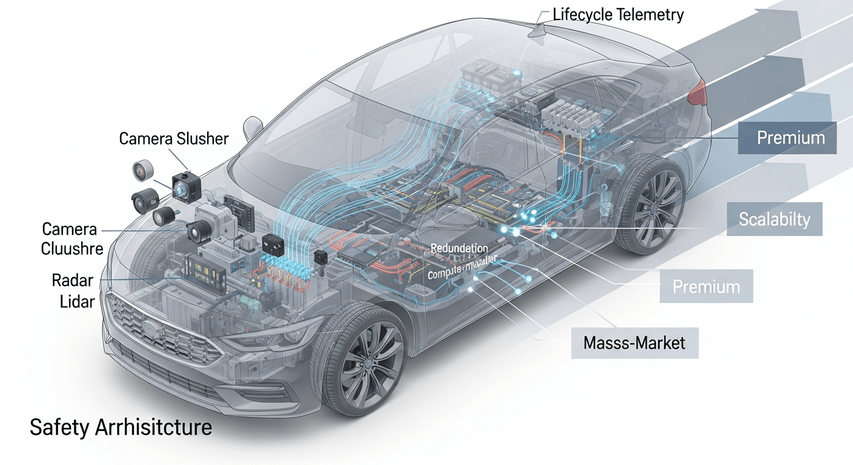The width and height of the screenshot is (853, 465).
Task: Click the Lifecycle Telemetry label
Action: click(x=618, y=15)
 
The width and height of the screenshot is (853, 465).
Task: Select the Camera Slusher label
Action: click(x=174, y=139)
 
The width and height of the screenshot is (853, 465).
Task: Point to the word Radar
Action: click(x=72, y=280)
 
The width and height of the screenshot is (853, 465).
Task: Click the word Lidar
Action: click(x=77, y=301)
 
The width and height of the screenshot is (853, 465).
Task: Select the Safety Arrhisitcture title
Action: click(x=121, y=427)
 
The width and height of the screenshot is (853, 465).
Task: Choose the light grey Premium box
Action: click(x=706, y=286)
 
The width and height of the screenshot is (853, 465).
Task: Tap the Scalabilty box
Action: click(x=774, y=219)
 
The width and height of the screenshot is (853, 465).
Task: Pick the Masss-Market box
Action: click(x=634, y=343)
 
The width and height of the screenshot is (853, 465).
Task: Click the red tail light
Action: click(x=699, y=91)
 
